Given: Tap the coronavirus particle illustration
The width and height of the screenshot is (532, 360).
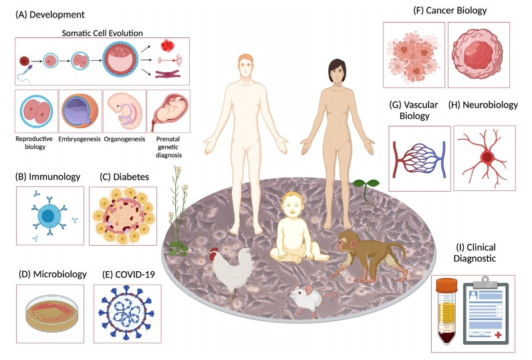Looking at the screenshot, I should point(128,313).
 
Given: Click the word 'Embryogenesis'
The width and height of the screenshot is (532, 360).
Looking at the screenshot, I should point(80,140).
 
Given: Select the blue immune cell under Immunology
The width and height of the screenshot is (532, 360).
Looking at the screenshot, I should point(50,216).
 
